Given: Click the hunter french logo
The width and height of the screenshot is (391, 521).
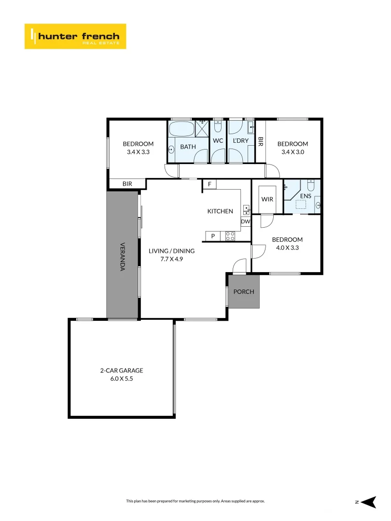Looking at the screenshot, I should [x=75, y=36].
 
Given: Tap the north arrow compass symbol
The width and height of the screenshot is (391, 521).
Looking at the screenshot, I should [x=368, y=502].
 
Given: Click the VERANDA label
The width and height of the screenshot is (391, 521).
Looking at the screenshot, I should [x=122, y=256].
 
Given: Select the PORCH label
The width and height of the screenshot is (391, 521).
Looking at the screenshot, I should [x=244, y=292].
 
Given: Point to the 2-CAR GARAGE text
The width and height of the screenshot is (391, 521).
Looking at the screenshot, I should [x=122, y=370].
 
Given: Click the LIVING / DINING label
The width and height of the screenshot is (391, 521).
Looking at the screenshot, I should [x=171, y=251].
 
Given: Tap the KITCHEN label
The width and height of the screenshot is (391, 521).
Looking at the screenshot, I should [x=220, y=211].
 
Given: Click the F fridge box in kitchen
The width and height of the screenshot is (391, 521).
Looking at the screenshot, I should [x=209, y=184].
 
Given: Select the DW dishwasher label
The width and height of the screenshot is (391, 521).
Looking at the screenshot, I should [x=245, y=222].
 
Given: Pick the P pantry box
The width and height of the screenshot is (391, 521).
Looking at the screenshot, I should [x=212, y=236].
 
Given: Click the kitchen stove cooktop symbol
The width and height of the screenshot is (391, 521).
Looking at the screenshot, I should [x=230, y=236].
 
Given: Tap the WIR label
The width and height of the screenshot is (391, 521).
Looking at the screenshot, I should [x=267, y=199].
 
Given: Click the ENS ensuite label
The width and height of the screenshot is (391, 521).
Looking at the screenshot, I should [x=306, y=196].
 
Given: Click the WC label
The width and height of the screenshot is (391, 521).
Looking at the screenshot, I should [x=218, y=141].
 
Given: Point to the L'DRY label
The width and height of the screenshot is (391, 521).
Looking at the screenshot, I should [x=240, y=141].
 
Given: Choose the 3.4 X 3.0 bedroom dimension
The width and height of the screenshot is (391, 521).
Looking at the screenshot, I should [x=293, y=151].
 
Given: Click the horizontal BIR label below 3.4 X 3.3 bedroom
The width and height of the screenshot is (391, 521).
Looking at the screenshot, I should [x=127, y=184].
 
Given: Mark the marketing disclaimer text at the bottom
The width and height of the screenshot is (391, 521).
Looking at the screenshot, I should [x=195, y=501].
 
